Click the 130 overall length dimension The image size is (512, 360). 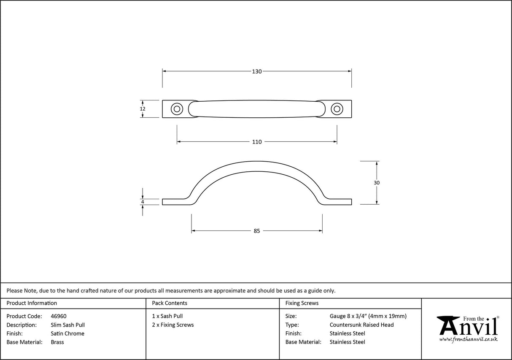click(257, 71)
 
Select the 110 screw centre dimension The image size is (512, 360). click(257, 142)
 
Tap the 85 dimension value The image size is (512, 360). click(257, 231)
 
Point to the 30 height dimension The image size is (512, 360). click(377, 183)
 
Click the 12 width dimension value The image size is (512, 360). click(143, 109)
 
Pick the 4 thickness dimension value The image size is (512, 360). click(143, 202)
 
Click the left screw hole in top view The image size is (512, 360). click(176, 109)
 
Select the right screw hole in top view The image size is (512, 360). click(337, 109)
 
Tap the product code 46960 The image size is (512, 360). click(58, 316)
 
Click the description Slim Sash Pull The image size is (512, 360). click(67, 325)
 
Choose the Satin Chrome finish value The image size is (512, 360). click(67, 333)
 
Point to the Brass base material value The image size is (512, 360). click(57, 342)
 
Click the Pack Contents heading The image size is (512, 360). click(170, 303)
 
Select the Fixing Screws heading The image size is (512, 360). click(302, 303)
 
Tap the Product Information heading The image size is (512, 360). click(32, 303)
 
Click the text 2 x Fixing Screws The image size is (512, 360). click(173, 325)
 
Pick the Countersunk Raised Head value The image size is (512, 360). click(361, 325)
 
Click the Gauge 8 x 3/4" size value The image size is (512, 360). click(368, 316)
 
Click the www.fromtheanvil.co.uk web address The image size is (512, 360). click(468, 339)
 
